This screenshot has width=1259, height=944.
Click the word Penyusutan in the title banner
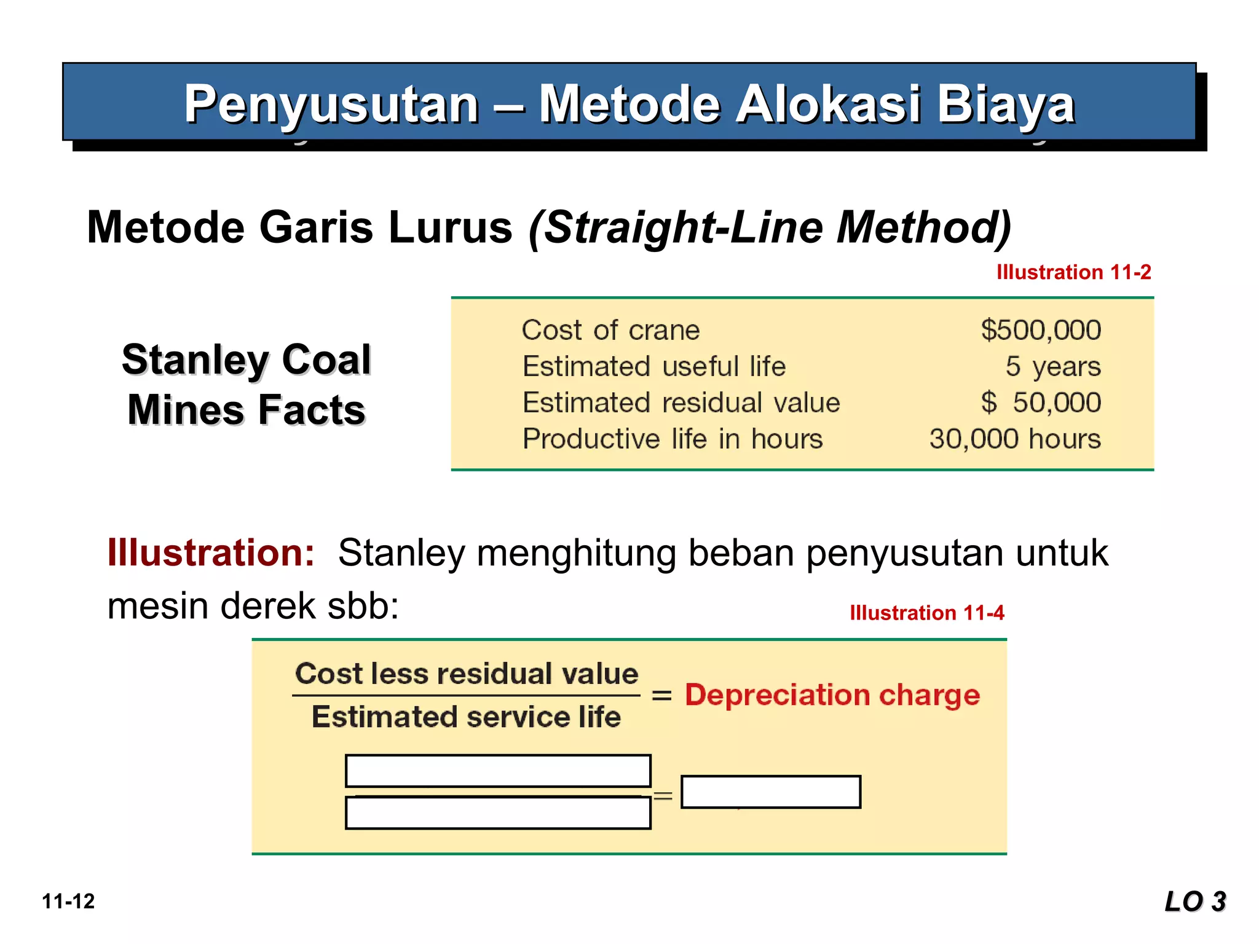[x=331, y=104]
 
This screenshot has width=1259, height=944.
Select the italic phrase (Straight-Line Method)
[x=770, y=227]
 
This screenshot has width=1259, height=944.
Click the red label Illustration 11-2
[x=1073, y=272]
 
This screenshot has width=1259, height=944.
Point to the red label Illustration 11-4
[x=926, y=613]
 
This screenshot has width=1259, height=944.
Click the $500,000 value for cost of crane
[x=1041, y=330]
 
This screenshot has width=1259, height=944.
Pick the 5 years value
[x=1052, y=366]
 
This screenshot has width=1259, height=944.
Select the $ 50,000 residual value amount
[x=1041, y=403]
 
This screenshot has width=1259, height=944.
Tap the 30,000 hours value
[x=1015, y=439]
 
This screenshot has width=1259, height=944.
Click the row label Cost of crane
[x=610, y=330]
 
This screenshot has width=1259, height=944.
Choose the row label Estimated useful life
[x=654, y=366]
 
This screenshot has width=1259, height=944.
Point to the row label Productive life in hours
[x=673, y=439]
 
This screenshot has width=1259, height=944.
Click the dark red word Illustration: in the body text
[x=211, y=552]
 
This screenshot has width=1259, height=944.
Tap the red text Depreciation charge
[x=832, y=695]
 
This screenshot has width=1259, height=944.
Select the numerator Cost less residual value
[x=467, y=674]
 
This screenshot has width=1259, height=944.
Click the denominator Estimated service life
[x=466, y=717]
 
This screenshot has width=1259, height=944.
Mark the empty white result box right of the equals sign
[x=771, y=792]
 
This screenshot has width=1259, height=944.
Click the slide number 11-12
[x=68, y=902]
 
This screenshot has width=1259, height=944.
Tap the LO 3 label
[x=1195, y=902]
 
